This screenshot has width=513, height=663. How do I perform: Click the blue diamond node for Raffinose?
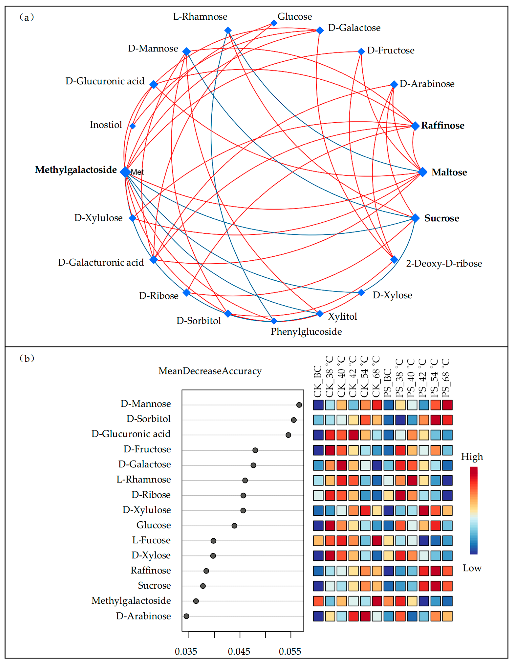tap(415, 126)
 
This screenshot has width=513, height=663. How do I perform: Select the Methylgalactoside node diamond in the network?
tap(125, 172)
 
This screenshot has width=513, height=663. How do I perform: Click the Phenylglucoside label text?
tap(306, 331)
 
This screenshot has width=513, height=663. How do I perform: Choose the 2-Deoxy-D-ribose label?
tap(444, 263)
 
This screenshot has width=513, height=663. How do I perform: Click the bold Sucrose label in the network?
tap(442, 218)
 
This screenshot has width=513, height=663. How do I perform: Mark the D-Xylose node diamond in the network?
tap(361, 293)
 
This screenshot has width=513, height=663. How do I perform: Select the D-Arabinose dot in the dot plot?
tap(186, 616)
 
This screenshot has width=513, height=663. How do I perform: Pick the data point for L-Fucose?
tap(213, 541)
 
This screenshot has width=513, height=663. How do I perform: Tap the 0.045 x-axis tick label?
tap(239, 652)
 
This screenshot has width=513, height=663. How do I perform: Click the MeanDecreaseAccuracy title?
tap(210, 371)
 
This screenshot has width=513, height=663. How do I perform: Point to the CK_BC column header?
tap(318, 382)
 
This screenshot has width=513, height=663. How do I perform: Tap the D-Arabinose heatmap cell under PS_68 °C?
tap(447, 616)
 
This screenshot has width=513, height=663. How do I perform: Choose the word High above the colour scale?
tap(472, 457)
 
